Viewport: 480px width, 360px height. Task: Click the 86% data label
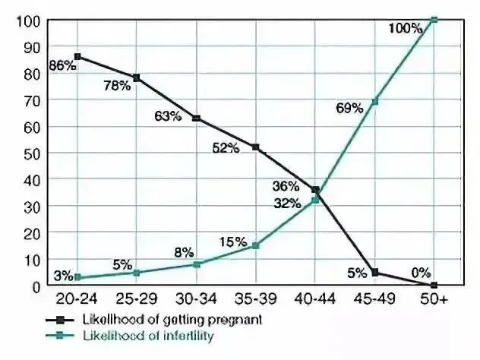64,66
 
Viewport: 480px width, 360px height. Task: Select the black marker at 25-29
136,77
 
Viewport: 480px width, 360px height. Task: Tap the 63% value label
166,116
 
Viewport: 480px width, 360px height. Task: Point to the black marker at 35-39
255,147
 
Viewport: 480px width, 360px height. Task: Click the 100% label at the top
405,28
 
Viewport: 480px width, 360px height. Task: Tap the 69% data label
349,108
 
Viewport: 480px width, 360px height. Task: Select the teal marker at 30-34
196,264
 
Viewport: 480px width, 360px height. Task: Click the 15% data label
233,242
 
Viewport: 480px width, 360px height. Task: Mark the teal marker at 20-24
77,277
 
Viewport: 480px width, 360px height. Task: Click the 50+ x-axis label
434,300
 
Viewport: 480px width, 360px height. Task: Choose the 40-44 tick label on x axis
314,300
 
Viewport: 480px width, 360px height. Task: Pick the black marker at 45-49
374,272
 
